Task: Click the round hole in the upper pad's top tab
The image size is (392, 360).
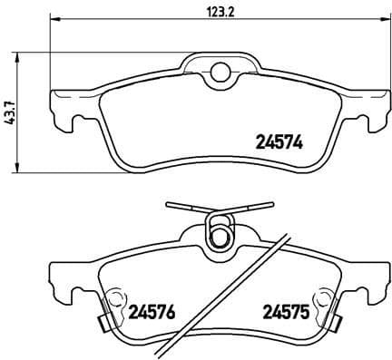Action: coord(218,73)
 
